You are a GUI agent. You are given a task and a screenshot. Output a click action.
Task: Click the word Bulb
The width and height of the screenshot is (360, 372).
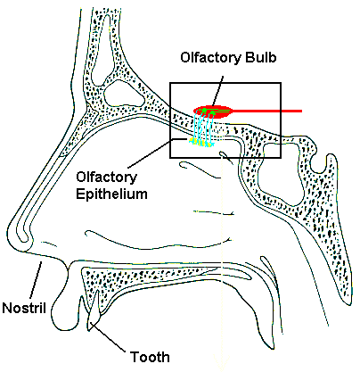260,57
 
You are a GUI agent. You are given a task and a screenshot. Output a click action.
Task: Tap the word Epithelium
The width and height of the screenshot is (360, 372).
111,194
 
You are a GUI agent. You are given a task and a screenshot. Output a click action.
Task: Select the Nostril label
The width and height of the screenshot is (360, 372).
24,308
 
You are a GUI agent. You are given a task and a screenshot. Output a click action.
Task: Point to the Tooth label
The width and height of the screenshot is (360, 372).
150,357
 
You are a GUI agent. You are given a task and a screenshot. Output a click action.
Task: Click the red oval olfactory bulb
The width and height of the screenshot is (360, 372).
213,112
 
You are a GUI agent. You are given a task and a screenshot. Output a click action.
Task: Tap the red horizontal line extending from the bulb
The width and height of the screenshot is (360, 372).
267,112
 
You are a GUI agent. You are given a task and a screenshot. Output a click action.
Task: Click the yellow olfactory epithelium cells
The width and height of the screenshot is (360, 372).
202,143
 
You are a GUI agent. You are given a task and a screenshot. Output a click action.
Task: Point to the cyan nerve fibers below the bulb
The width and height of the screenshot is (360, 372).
204,128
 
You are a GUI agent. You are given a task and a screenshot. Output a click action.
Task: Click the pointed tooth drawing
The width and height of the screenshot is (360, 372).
94,310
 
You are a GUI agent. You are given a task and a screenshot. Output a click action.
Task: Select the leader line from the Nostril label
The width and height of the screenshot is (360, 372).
36,280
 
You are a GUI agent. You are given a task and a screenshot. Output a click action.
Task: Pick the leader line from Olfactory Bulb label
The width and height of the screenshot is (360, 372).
217,90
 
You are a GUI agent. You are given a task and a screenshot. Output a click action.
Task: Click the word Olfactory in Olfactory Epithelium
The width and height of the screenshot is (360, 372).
106,178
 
